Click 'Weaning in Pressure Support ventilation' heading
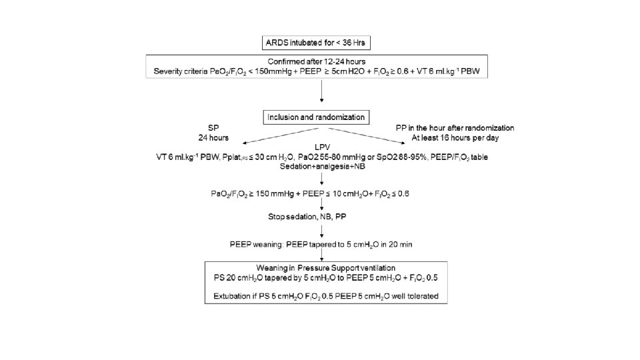click(x=322, y=267)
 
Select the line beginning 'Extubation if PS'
click(x=322, y=295)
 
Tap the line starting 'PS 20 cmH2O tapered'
click(x=322, y=276)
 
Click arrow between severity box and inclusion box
click(x=323, y=93)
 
